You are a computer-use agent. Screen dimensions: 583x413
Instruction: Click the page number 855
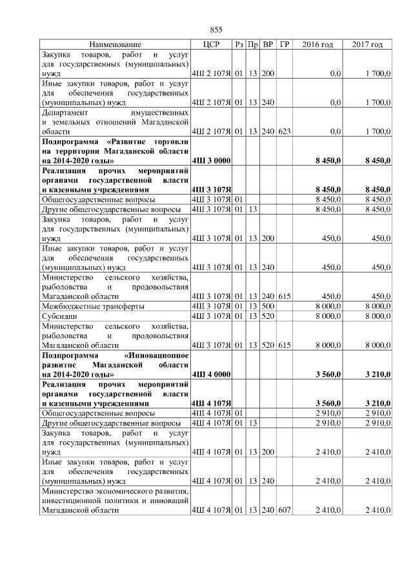(x=216, y=30)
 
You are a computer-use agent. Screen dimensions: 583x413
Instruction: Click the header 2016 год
(x=317, y=44)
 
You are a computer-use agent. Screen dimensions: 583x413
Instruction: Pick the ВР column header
(x=268, y=44)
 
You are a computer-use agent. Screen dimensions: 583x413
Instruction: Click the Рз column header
(x=239, y=44)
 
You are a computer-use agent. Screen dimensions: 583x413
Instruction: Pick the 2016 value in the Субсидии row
(x=327, y=316)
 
